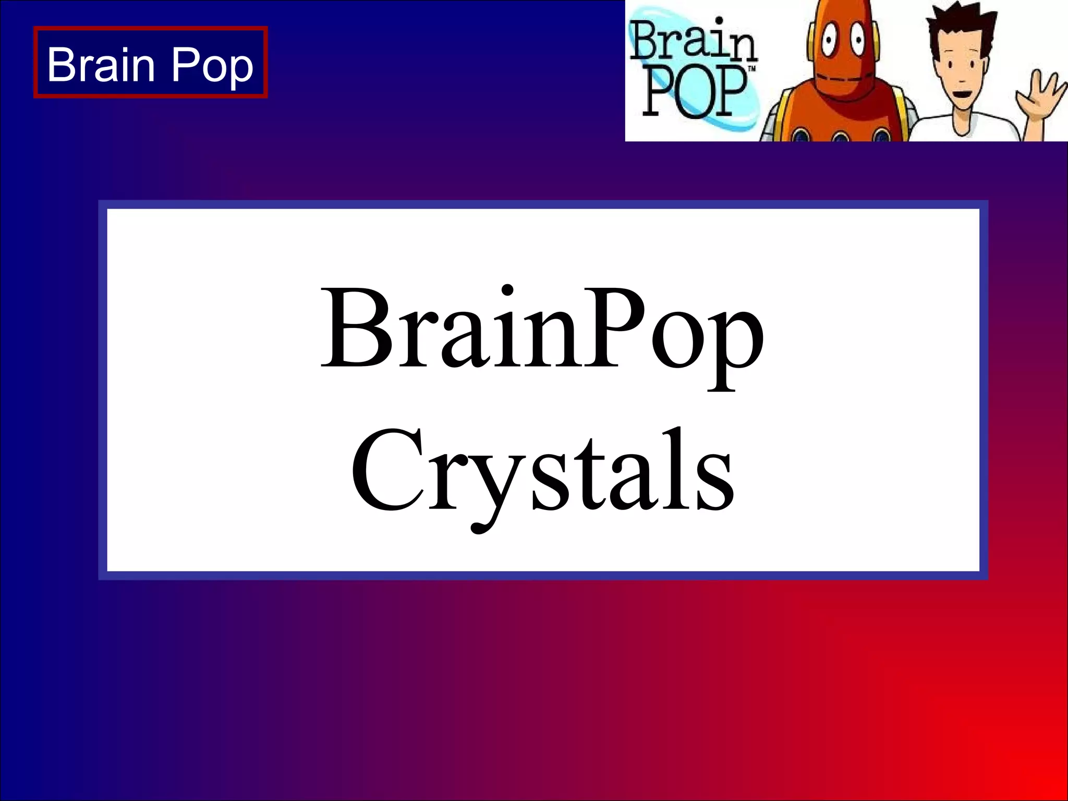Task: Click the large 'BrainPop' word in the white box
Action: pyautogui.click(x=542, y=332)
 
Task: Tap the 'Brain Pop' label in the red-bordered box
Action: pyautogui.click(x=150, y=64)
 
